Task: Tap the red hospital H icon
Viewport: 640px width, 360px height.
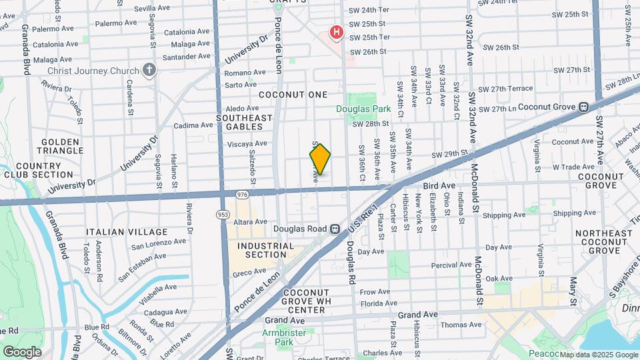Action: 337,31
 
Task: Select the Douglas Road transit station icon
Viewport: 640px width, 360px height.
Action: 335,229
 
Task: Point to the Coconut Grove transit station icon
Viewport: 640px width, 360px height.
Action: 583,106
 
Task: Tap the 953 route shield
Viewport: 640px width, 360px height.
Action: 222,214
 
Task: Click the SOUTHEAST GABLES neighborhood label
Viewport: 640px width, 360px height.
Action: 245,122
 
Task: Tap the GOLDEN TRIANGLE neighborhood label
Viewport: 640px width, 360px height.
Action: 60,147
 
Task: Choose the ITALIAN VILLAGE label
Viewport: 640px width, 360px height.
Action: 127,232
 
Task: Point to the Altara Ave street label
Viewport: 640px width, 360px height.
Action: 251,221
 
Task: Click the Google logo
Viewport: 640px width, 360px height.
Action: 22,351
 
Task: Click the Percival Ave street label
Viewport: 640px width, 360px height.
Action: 451,265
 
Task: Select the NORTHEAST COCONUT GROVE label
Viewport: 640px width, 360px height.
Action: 604,242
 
